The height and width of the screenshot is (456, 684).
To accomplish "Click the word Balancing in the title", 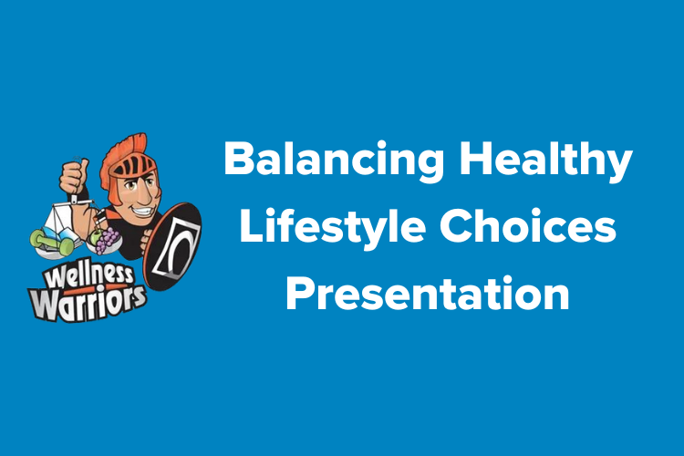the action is pos(334,160).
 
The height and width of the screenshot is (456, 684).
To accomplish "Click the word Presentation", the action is pos(428,294).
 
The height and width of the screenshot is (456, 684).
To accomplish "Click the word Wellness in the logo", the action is pos(88,274).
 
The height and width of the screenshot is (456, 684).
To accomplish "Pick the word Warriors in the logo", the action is pos(88,303).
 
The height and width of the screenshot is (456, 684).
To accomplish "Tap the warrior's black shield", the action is pos(172,245).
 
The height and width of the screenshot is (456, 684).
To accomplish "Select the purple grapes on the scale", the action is pos(108,240).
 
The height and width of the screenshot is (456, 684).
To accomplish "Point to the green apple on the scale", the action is pos(94,238).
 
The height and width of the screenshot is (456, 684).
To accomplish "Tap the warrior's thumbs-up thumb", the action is pos(83,167).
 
